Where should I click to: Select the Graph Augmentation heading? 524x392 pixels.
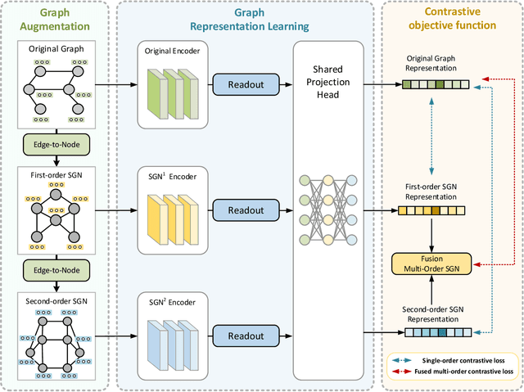point(55,20)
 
